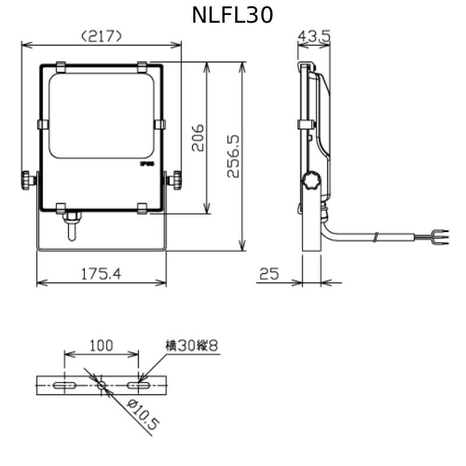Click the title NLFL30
(x=232, y=16)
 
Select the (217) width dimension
(x=102, y=36)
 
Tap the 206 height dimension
(x=197, y=137)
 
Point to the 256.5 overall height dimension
(x=232, y=156)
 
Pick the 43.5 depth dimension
(x=314, y=36)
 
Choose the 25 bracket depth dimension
(x=269, y=273)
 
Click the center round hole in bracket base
(x=101, y=385)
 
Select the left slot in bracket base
(x=64, y=385)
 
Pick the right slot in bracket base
(x=139, y=385)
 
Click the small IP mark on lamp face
(x=146, y=164)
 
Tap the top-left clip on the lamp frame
(x=61, y=67)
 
